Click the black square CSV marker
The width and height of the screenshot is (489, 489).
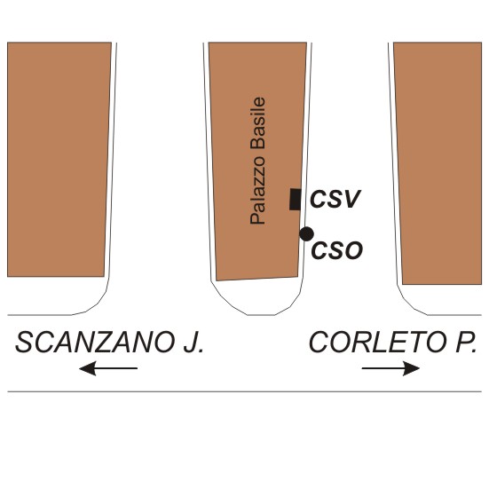[x=296, y=200]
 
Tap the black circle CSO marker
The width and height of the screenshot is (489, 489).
[x=306, y=234]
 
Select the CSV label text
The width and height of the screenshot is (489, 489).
[x=335, y=199]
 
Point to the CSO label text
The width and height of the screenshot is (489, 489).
[x=337, y=250]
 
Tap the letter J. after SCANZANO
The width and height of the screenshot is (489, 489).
[x=193, y=343]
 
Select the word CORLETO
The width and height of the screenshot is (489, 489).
[x=377, y=343]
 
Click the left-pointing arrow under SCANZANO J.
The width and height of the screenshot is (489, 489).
[x=108, y=368]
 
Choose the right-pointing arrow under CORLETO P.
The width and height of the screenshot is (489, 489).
[x=390, y=368]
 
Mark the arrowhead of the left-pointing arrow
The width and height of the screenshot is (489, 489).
[x=88, y=368]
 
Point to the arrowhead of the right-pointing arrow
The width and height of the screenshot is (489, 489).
[x=412, y=368]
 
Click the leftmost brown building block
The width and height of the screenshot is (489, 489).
[x=59, y=159]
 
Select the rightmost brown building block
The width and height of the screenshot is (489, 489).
[x=438, y=163]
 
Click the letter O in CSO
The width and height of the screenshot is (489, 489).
[x=353, y=250]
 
